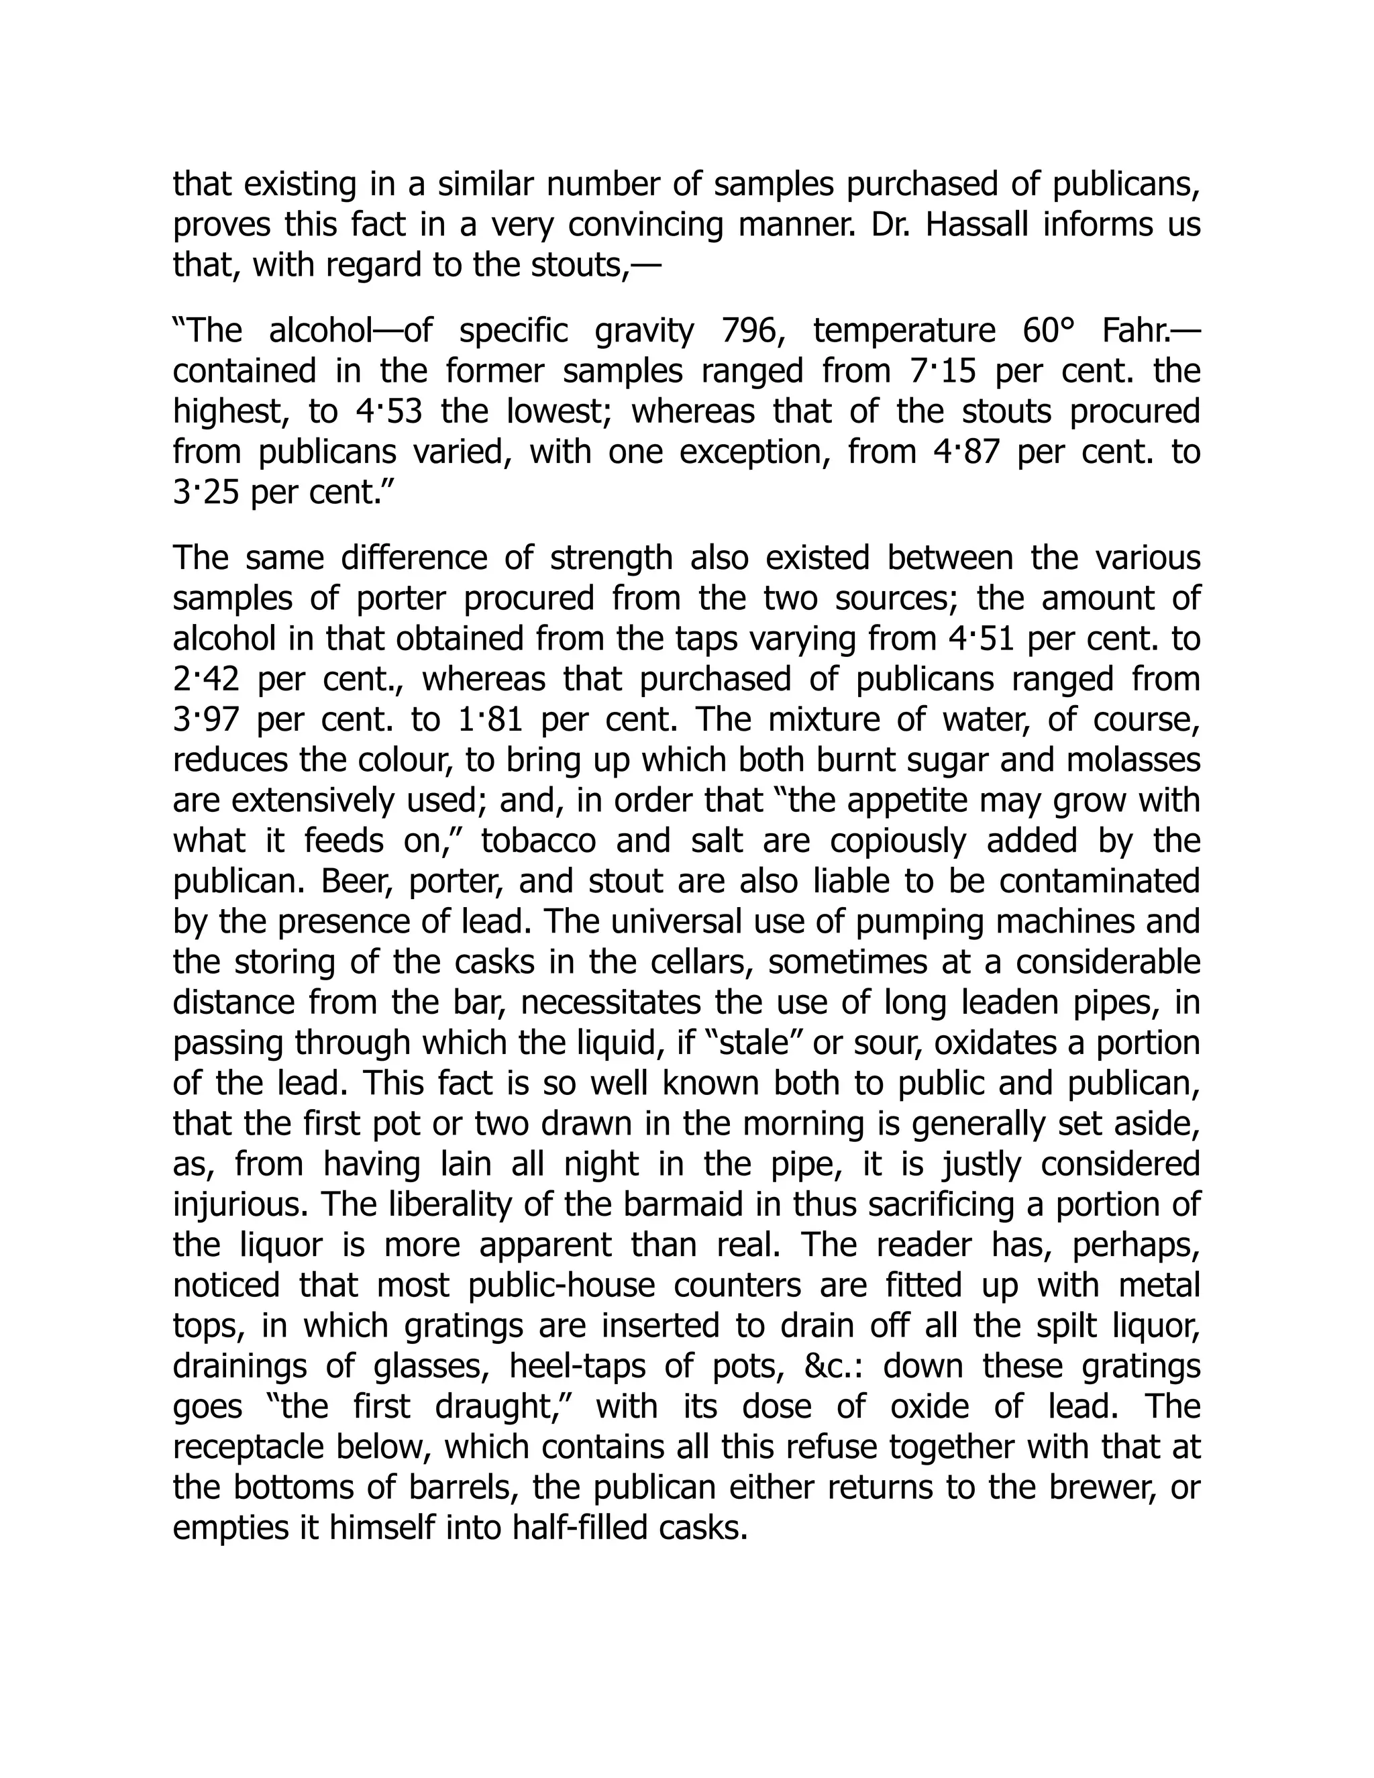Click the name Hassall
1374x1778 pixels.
click(977, 225)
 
